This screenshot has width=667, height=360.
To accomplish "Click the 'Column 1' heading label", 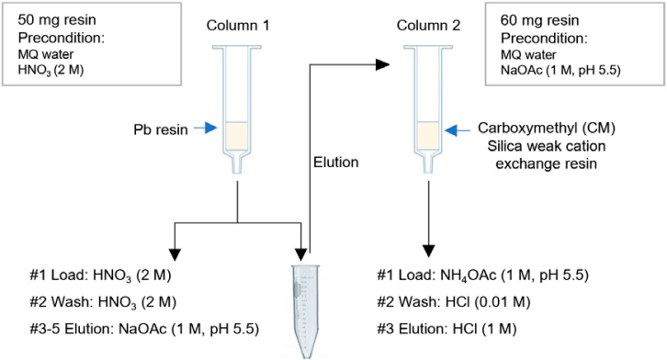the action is (238, 26).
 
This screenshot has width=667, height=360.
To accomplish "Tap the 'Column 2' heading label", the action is (428, 26).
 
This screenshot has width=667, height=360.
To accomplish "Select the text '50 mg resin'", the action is (57, 20).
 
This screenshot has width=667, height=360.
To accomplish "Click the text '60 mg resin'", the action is (539, 20).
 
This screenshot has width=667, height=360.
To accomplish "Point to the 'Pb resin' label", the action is (161, 129).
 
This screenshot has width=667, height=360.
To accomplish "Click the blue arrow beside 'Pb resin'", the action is (206, 128).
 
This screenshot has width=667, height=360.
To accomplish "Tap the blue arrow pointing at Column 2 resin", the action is (458, 130).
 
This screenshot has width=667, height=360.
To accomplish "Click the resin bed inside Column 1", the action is (236, 137).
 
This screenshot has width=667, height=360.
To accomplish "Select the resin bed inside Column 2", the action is (428, 136).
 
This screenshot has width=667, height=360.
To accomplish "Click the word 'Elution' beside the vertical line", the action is (335, 162).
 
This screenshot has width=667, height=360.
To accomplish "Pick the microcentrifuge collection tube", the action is (305, 311).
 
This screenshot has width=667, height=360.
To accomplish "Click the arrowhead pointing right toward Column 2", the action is (383, 64).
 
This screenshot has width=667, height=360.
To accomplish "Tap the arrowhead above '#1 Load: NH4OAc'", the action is (428, 251).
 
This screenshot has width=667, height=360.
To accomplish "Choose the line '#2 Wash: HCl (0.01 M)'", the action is (454, 302).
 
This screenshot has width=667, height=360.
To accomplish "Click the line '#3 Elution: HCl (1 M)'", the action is (447, 329).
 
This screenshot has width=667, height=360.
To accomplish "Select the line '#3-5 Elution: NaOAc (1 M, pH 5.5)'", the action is (144, 329).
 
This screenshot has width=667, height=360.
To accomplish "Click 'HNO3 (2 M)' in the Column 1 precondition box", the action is (51, 70).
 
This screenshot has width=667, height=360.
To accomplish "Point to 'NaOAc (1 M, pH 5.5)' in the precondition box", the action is (560, 70).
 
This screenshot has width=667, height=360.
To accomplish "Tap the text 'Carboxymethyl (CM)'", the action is (547, 128).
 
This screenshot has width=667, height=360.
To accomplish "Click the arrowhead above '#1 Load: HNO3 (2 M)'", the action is (175, 254).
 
